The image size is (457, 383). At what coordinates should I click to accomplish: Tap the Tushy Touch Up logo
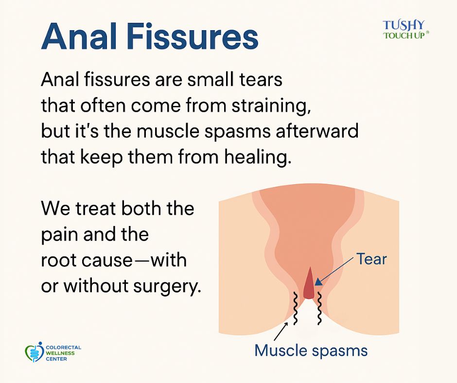[405, 30]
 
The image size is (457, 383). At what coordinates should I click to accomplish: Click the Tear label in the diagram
[371, 259]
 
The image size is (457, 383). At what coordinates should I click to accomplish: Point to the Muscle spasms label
[311, 350]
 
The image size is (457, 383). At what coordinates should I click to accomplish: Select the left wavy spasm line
[295, 308]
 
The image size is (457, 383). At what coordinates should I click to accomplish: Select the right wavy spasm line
[319, 308]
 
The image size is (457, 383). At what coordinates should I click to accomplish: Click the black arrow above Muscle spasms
[281, 331]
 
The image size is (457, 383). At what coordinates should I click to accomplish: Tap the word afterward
[317, 131]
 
